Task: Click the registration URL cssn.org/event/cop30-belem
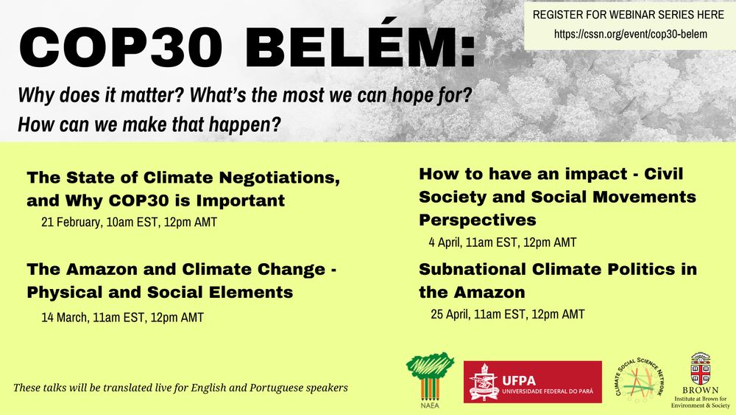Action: (631, 34)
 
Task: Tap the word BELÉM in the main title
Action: (360, 47)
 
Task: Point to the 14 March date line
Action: (122, 317)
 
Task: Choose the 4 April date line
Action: (502, 242)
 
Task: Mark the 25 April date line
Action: (507, 314)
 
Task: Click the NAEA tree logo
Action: (430, 380)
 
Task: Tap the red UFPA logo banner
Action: (533, 382)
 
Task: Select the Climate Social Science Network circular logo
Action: (639, 380)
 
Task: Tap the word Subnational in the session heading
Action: (473, 269)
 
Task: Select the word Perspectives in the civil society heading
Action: (478, 220)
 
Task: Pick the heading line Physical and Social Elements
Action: (160, 293)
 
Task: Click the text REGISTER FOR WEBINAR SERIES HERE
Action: (629, 15)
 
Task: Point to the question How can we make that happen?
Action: (149, 125)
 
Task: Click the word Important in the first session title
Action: (241, 200)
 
